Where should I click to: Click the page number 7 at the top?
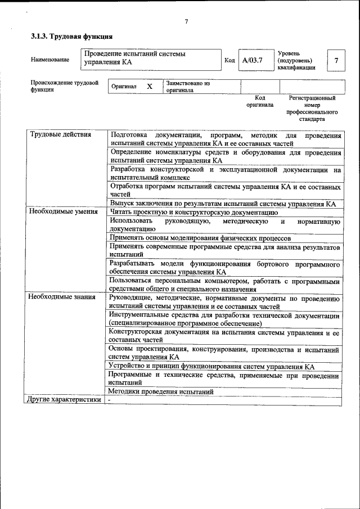tap(186, 22)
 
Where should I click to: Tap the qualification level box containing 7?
tap(336, 60)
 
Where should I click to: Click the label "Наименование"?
tap(50, 60)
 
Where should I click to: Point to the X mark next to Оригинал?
tap(150, 87)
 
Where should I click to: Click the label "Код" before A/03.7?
tap(229, 60)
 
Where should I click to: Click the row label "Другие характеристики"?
tap(65, 399)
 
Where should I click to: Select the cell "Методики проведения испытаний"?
tap(161, 391)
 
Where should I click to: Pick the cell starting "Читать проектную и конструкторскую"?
tap(193, 212)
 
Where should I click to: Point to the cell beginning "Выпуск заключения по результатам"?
tap(223, 204)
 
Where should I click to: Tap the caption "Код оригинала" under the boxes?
tap(260, 101)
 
